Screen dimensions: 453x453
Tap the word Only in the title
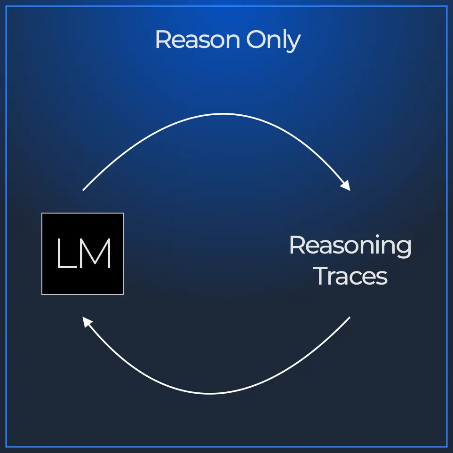(273, 40)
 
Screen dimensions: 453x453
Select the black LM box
(83, 254)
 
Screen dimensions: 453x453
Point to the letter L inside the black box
(67, 254)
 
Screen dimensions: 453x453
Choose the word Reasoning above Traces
(350, 246)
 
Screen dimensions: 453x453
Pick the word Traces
(351, 276)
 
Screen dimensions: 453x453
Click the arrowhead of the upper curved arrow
(346, 186)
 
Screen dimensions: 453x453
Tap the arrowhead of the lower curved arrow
(87, 322)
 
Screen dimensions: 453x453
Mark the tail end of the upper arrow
(83, 191)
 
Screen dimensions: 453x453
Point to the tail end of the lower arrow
(350, 317)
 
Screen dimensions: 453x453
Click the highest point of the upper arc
(223, 114)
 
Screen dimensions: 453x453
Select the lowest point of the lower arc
(210, 393)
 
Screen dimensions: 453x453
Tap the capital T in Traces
(322, 276)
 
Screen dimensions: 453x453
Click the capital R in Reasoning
(297, 245)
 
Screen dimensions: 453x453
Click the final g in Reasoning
(403, 248)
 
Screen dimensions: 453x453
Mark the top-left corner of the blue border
(6, 7)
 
